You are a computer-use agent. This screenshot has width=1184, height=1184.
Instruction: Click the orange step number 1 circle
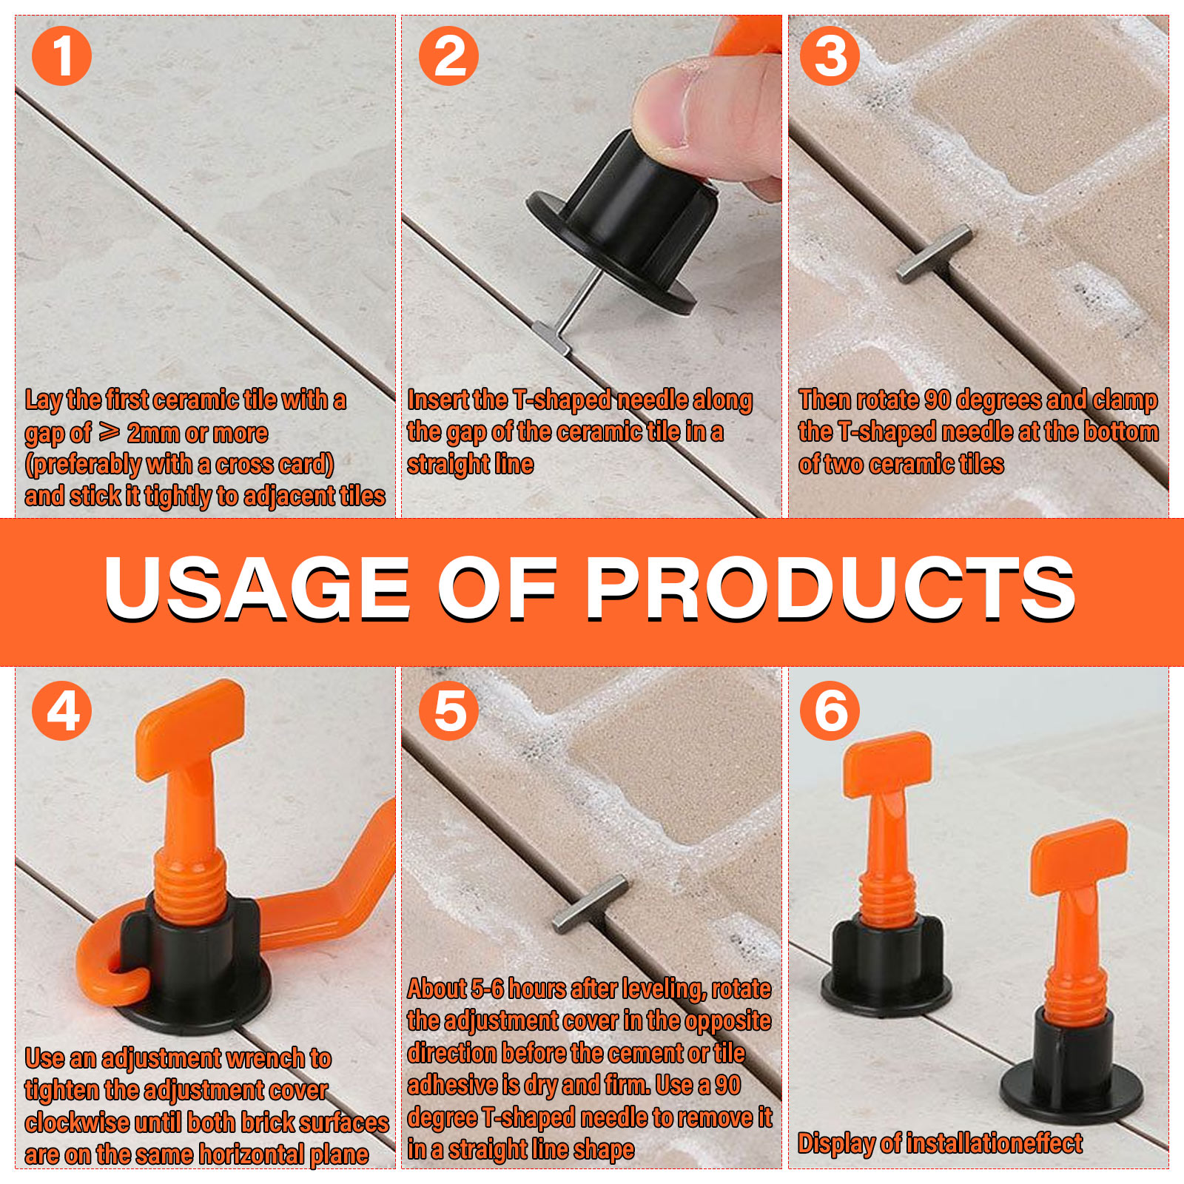point(61,56)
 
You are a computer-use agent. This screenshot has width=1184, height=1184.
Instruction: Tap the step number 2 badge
point(448,56)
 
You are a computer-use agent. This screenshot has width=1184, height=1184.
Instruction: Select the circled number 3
point(830,56)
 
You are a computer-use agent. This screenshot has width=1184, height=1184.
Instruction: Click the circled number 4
point(61,710)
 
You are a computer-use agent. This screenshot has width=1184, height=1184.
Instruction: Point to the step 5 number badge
point(448,710)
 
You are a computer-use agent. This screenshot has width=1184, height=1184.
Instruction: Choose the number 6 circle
point(830,710)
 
